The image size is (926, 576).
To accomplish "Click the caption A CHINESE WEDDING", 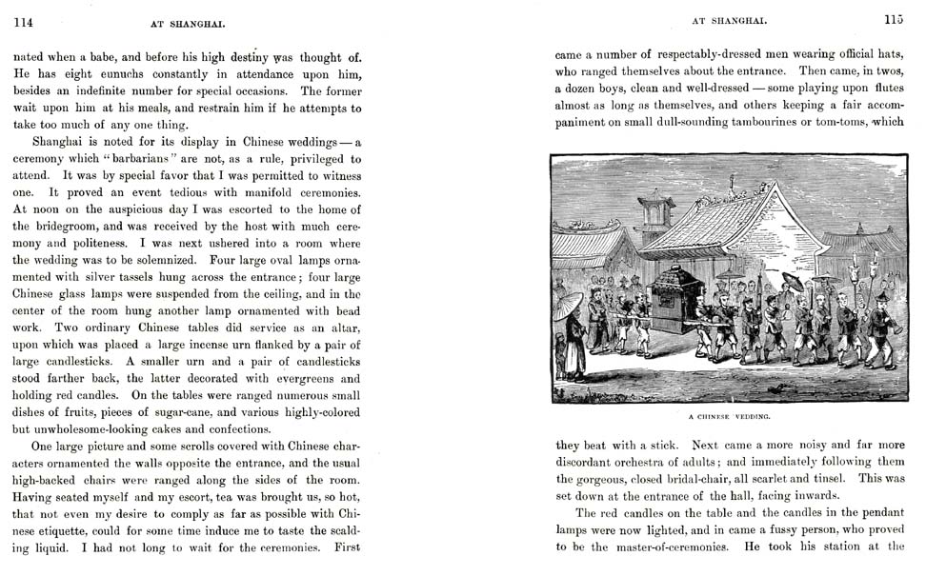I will pyautogui.click(x=729, y=417).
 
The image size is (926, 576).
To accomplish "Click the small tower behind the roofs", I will pyautogui.click(x=655, y=213).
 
